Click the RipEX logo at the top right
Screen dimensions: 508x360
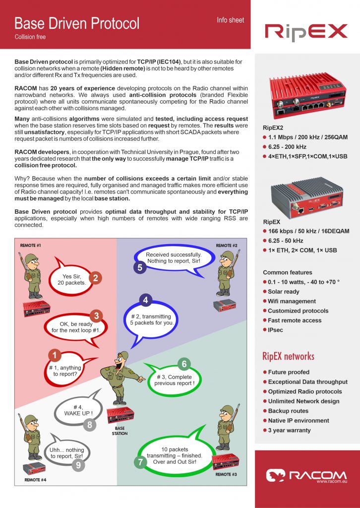(x=305, y=32)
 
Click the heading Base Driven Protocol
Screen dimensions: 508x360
(x=77, y=23)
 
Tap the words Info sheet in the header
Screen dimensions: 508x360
(x=230, y=20)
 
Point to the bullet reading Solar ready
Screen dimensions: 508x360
(x=284, y=292)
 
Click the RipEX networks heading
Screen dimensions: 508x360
(x=288, y=356)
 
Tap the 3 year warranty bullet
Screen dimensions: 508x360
(x=289, y=430)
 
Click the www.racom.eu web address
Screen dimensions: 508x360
(x=331, y=481)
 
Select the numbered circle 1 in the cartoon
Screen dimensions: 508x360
(x=56, y=355)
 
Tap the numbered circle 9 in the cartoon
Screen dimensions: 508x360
(x=78, y=465)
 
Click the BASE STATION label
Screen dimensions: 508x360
(x=120, y=431)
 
